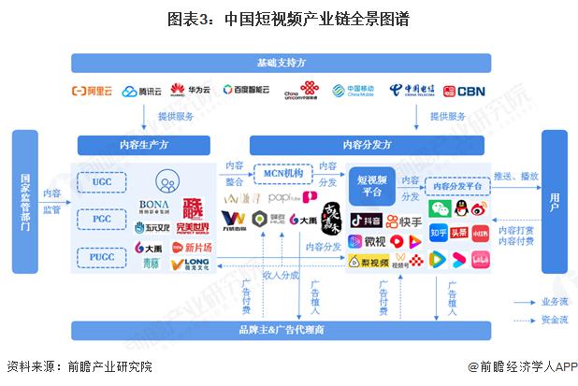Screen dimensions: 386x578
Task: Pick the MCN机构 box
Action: point(282,174)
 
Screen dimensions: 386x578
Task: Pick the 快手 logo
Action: point(405,222)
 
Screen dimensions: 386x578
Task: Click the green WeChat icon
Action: point(438,208)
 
